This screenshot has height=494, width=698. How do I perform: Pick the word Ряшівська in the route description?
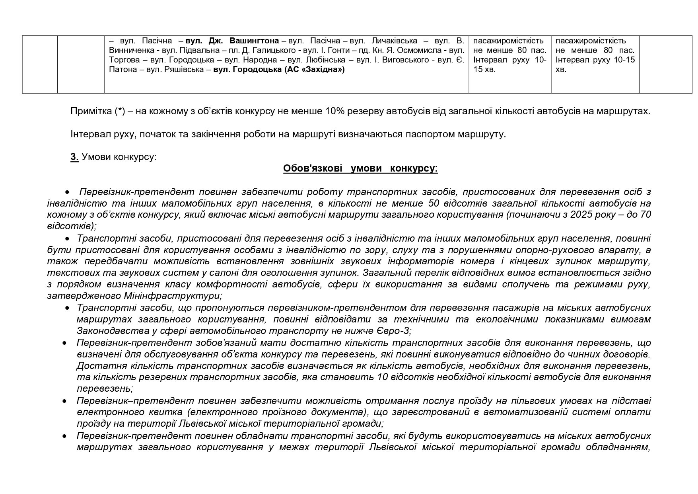pyautogui.click(x=187, y=70)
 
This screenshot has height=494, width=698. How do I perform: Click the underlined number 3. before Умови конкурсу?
pyautogui.click(x=74, y=157)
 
